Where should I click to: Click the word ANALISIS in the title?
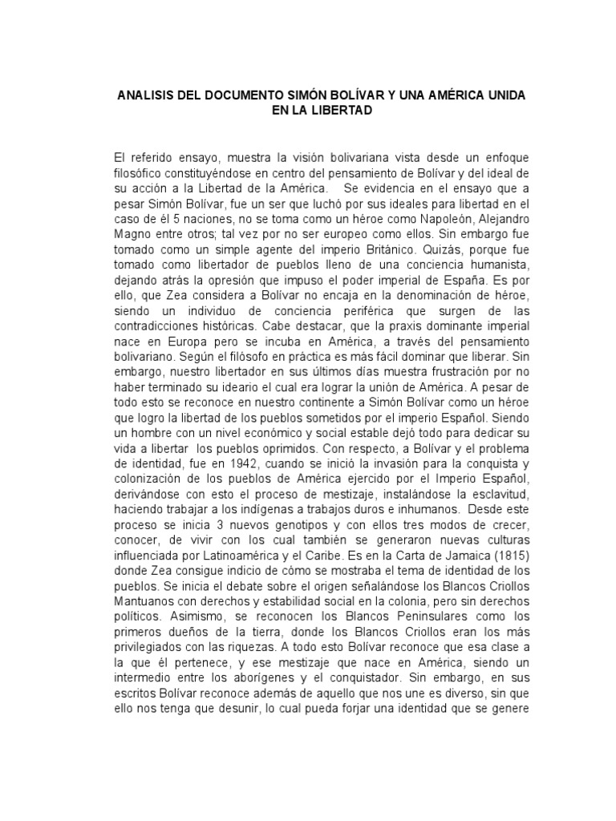(148, 95)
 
